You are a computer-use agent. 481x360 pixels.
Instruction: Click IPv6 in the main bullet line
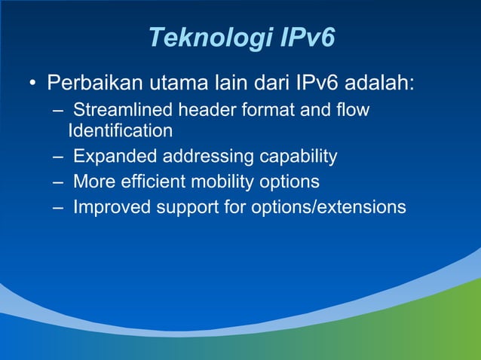pos(315,81)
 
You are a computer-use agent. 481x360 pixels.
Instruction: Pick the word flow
pos(354,111)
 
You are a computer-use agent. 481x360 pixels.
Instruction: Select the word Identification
pos(120,131)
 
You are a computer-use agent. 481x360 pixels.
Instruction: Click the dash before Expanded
pos(58,157)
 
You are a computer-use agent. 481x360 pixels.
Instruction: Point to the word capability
pos(299,157)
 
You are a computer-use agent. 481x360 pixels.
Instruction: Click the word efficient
pos(151,182)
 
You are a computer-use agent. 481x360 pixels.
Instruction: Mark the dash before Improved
pos(58,207)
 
